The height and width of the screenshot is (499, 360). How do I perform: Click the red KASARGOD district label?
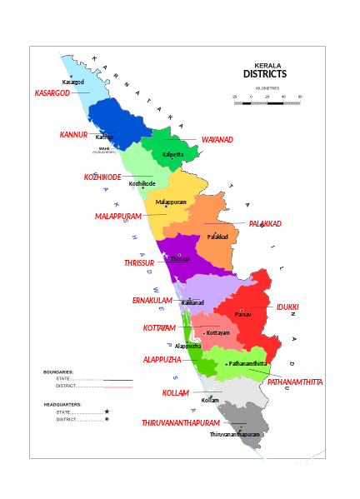click(52, 92)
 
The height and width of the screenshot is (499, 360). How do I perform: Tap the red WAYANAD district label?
click(217, 139)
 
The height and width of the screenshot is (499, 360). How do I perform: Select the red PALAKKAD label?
click(266, 223)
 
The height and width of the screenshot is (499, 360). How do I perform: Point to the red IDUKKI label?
click(287, 307)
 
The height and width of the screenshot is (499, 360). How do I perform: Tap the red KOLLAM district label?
click(176, 392)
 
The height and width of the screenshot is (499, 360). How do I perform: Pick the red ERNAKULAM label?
click(152, 300)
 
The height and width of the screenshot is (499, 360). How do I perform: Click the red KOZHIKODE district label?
click(102, 177)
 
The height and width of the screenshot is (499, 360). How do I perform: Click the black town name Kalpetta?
click(173, 155)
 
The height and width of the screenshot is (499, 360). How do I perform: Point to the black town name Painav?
click(242, 315)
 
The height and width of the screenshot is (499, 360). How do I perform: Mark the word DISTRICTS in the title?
click(265, 74)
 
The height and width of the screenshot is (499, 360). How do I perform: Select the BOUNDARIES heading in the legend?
click(58, 372)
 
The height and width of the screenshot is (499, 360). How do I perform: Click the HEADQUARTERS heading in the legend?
click(63, 405)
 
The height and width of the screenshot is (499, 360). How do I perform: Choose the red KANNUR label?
click(73, 134)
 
